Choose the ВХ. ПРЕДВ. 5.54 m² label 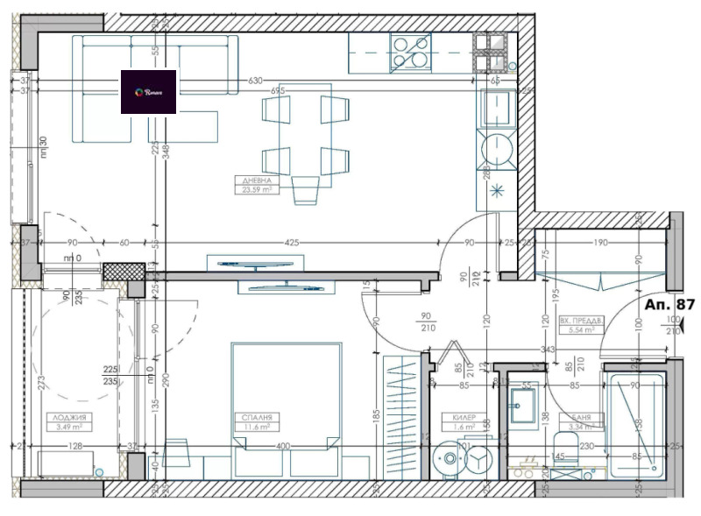[x=581, y=326]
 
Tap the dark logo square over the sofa [x=149, y=92]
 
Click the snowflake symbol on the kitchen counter [x=498, y=190]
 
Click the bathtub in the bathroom [x=633, y=425]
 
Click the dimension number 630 [x=255, y=81]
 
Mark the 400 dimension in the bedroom [x=283, y=447]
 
